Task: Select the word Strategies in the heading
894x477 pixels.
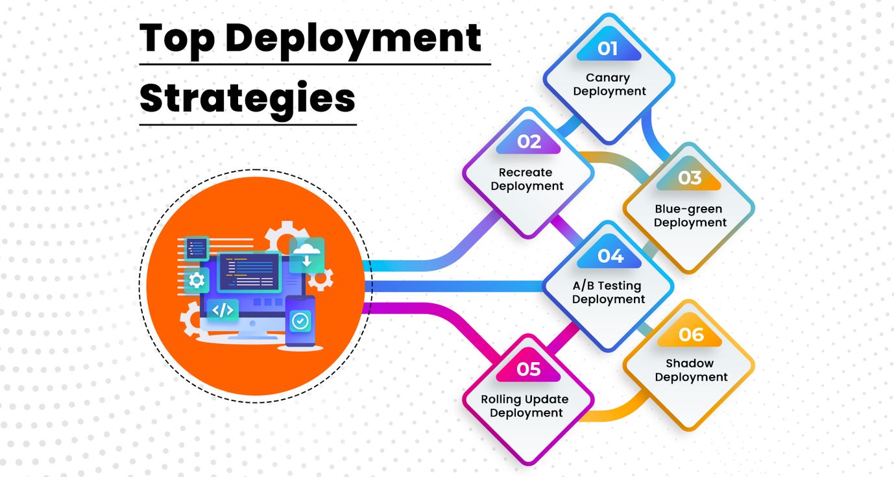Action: [247, 99]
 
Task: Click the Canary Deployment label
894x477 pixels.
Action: [609, 84]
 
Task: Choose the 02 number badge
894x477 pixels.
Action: [528, 142]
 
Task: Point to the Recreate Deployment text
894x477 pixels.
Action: [527, 180]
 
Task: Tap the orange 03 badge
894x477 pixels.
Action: [689, 178]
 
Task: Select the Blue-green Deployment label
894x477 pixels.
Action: [690, 216]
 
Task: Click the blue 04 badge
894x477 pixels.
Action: [609, 256]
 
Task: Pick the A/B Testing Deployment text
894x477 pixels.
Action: [609, 293]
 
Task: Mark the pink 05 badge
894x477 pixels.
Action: [528, 369]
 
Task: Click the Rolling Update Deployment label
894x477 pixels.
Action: [526, 406]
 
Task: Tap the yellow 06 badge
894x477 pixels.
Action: [690, 334]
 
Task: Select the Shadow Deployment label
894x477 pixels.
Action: [690, 371]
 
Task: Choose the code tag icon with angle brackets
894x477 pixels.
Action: [223, 310]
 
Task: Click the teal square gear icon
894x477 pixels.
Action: [197, 280]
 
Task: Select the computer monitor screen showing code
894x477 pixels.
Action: [248, 272]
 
